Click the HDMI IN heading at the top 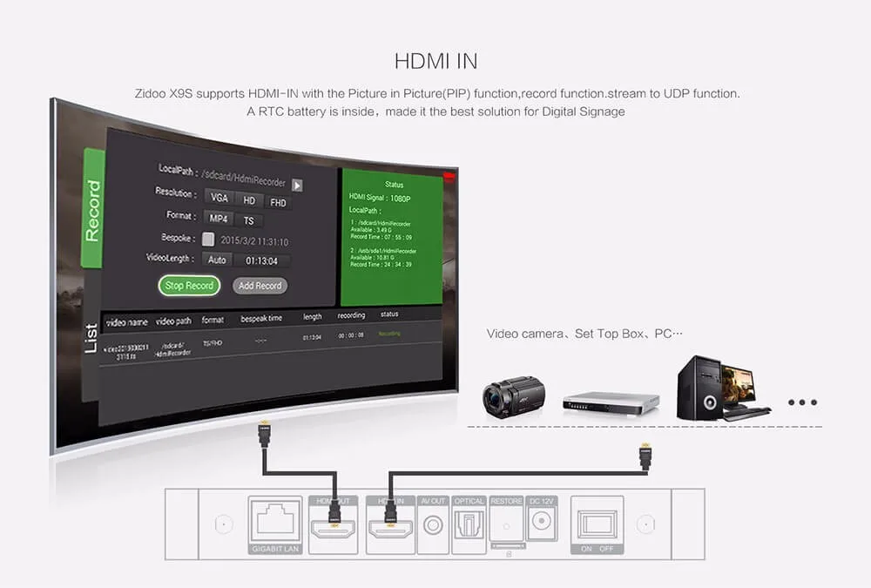(x=435, y=62)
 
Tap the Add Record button (x=260, y=286)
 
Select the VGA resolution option (x=219, y=198)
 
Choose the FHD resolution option (x=278, y=203)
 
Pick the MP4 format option (x=219, y=219)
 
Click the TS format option (x=248, y=221)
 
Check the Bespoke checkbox (x=208, y=239)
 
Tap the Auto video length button (x=217, y=260)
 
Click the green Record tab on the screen (x=93, y=208)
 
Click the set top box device (x=610, y=402)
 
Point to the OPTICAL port (x=469, y=524)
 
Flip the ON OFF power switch (x=596, y=523)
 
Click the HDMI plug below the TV (x=263, y=433)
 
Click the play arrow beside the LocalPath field (x=297, y=185)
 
